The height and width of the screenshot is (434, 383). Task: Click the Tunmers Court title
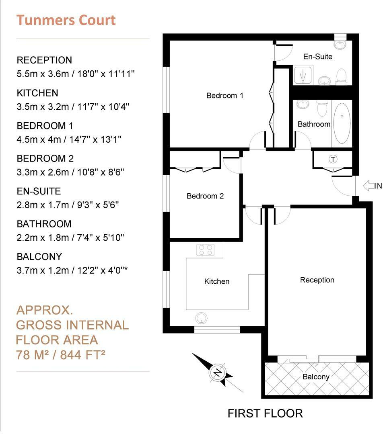pos(66,20)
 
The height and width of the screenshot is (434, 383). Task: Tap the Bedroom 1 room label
pos(224,96)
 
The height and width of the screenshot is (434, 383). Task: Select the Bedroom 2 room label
pos(205,196)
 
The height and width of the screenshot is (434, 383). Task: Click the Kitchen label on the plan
pos(217,281)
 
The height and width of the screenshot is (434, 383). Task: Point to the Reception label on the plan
pos(317,280)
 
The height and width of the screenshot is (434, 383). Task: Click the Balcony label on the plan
pos(316,377)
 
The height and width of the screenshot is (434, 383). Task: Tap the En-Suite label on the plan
pos(318,57)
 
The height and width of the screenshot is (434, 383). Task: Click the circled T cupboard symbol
pos(333,160)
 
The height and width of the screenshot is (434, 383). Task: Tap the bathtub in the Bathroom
pos(342,123)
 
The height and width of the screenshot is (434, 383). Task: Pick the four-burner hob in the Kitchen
pos(205,250)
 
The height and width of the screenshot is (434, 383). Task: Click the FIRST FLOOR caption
pos(265,413)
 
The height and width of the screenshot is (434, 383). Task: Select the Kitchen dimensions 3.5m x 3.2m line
pos(73,106)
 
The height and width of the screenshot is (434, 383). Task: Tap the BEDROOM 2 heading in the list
pos(45,158)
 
